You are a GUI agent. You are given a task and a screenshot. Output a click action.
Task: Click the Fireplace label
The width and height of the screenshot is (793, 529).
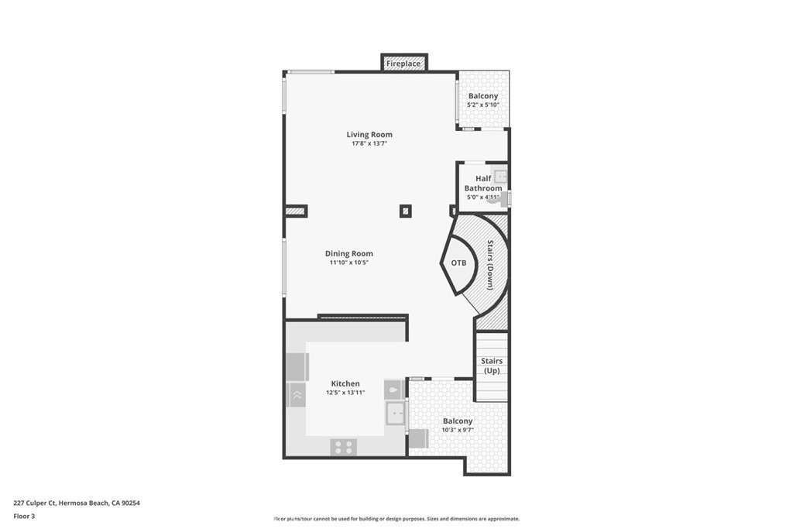[x=403, y=64]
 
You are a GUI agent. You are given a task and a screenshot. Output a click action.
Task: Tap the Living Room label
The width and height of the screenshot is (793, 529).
[x=369, y=135]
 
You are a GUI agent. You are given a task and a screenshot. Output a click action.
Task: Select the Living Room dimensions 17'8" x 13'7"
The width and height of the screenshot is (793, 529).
[x=369, y=143]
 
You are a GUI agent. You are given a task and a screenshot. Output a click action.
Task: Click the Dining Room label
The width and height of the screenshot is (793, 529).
[x=349, y=254]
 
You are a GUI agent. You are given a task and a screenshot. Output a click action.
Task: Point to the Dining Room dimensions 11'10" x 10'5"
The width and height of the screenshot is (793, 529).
[x=349, y=263]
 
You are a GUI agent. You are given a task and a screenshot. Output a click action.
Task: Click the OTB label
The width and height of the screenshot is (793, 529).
[x=458, y=263]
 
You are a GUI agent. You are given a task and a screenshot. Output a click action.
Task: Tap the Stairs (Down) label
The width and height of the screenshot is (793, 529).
[x=490, y=265]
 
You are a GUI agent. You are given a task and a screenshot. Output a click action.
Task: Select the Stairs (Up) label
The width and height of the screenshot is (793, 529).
[x=492, y=366]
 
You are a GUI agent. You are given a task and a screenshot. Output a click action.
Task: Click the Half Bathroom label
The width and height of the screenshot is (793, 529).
[x=483, y=183]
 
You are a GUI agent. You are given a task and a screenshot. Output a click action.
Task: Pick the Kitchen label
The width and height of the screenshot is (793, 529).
[x=345, y=384]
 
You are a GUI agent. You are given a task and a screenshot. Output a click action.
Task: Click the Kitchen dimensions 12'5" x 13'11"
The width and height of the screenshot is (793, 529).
[x=345, y=393]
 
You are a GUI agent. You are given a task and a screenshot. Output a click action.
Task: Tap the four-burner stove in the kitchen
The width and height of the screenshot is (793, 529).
[x=343, y=447]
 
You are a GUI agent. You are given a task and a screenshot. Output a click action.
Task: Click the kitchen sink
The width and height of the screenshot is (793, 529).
[x=395, y=414]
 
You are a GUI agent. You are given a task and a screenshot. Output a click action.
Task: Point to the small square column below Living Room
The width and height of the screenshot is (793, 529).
[x=406, y=211]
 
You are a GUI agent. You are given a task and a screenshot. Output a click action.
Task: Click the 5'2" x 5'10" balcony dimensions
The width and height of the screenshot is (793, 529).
[x=483, y=105]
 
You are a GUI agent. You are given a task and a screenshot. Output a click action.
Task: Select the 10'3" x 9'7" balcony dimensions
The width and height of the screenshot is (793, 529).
[x=458, y=431]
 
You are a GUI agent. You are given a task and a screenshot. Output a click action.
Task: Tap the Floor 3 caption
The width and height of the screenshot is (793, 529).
[x=24, y=517]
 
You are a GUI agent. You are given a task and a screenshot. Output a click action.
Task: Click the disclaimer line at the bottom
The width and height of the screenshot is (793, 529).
[x=396, y=519]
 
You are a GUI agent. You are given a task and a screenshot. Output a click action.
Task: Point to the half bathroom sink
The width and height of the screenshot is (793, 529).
[x=500, y=177]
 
